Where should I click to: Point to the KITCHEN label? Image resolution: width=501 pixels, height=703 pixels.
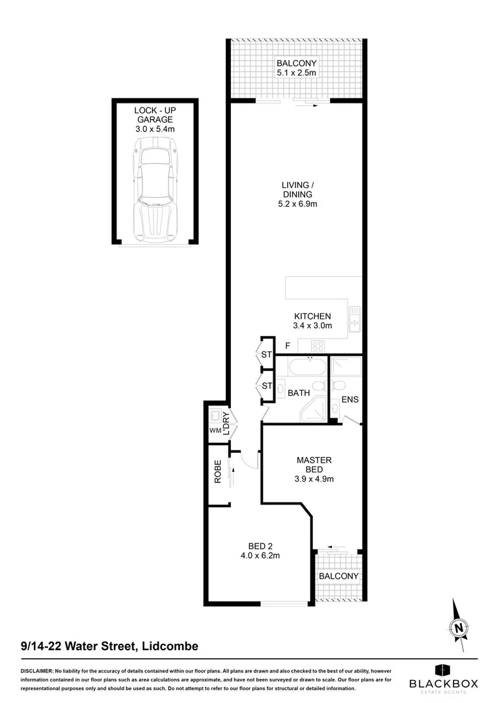(312, 316)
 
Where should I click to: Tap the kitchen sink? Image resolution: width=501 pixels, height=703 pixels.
(355, 320)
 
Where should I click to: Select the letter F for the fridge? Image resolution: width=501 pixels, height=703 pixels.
(287, 345)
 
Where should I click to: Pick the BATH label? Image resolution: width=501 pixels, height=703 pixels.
(299, 393)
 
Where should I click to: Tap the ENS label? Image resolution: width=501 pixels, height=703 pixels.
(350, 399)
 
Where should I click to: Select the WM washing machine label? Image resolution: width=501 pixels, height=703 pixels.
(215, 430)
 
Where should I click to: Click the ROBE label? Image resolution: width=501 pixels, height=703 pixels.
(219, 472)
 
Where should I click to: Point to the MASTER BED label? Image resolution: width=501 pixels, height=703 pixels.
(314, 465)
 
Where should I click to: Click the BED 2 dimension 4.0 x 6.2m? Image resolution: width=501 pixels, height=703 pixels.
(264, 555)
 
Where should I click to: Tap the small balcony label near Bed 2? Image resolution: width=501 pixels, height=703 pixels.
(338, 576)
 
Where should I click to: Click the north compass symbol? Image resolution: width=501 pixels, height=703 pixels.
(460, 627)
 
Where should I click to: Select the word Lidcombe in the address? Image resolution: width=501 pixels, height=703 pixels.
(167, 646)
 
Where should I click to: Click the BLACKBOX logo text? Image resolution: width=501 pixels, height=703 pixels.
(443, 683)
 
